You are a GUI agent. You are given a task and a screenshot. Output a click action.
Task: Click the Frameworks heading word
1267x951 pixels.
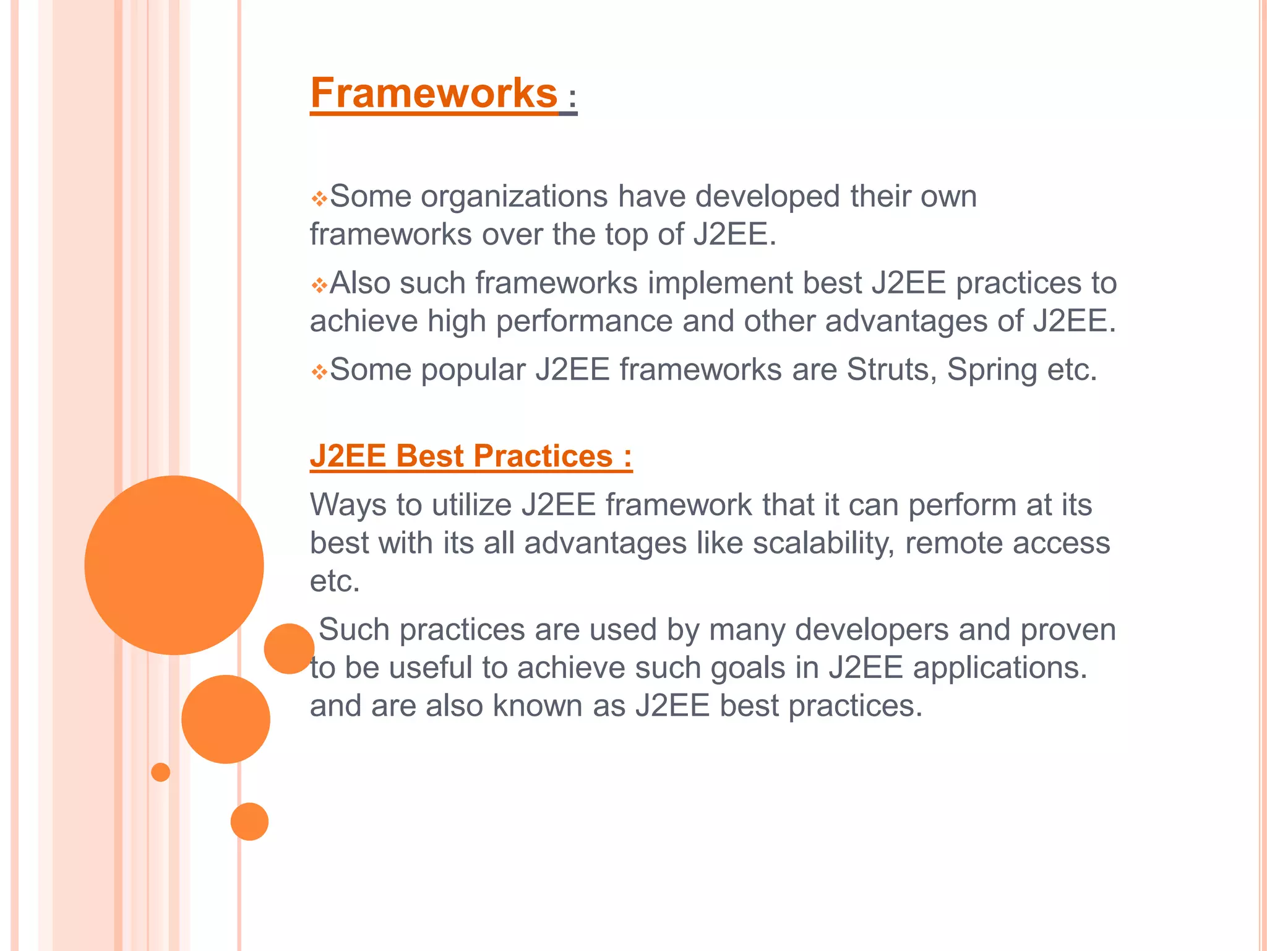click(x=434, y=94)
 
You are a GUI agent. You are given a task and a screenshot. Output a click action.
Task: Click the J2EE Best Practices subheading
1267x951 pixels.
click(x=471, y=456)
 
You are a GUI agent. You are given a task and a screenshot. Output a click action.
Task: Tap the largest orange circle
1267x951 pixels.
click(x=174, y=565)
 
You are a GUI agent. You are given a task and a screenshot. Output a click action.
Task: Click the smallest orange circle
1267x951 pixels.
click(x=160, y=772)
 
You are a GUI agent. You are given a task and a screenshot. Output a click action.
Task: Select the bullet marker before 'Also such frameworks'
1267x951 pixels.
click(x=319, y=285)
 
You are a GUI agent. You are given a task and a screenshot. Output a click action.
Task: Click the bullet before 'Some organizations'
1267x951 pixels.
click(x=319, y=199)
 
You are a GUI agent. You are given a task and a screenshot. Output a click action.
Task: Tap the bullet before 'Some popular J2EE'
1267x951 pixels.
click(x=319, y=372)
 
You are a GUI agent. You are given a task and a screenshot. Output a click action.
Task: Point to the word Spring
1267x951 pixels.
click(x=992, y=370)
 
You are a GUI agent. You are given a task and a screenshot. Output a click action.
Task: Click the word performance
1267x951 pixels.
click(x=584, y=321)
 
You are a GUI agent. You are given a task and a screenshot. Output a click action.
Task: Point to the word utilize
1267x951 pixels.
click(x=471, y=505)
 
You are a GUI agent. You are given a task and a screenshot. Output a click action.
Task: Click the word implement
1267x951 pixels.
click(x=719, y=284)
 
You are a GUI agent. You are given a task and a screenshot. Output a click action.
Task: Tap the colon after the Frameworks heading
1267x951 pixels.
click(x=572, y=98)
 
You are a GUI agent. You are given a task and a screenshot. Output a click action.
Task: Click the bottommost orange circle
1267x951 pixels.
click(x=249, y=822)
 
